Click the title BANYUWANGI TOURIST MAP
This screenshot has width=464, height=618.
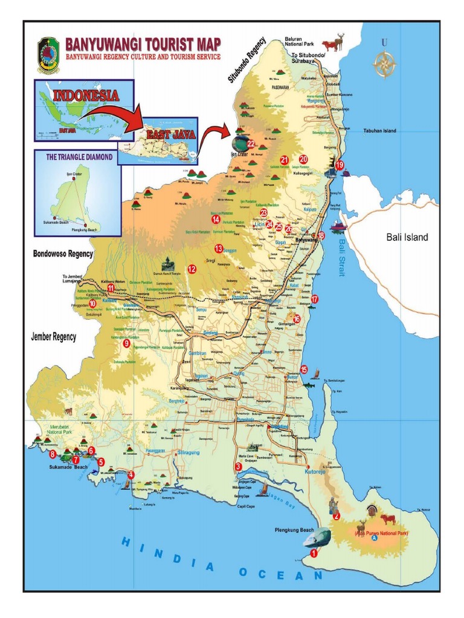click(143, 44)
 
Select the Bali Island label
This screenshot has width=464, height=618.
click(407, 237)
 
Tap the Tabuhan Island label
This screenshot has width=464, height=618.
click(379, 131)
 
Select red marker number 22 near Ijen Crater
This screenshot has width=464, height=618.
click(250, 144)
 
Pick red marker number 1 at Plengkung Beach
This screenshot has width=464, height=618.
click(314, 552)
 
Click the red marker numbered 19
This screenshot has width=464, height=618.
click(340, 165)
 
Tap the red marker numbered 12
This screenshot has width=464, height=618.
click(192, 269)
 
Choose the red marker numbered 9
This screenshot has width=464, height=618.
click(126, 343)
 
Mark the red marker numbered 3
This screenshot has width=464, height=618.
click(239, 467)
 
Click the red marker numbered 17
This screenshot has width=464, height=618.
click(315, 299)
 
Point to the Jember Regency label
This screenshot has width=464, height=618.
click(54, 337)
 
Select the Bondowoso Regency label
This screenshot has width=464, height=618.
click(63, 253)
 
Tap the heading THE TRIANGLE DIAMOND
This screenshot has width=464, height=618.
click(79, 157)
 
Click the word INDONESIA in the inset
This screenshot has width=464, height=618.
click(85, 95)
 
